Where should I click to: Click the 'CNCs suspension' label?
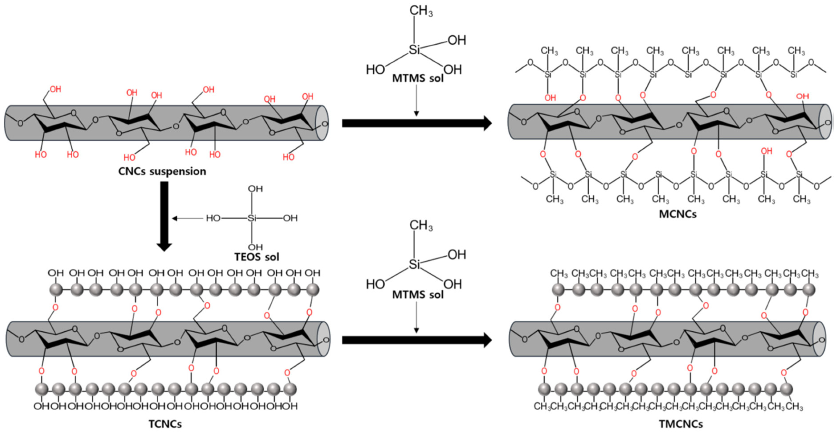coord(162,171)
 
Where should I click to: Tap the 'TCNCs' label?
coord(165,424)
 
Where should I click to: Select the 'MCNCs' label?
coord(678,214)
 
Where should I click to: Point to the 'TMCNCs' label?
coord(681,424)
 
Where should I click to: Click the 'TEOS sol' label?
coord(257,257)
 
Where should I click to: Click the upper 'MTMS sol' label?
coord(418,78)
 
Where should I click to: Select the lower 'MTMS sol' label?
coord(418,295)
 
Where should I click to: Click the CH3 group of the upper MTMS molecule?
coord(421,11)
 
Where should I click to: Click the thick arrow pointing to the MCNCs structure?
coord(416,123)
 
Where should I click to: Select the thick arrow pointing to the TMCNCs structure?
coord(416,340)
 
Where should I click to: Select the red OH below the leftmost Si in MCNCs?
coord(550,98)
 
